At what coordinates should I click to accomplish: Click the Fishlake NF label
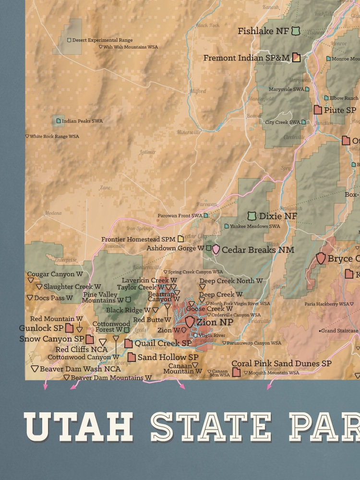263,31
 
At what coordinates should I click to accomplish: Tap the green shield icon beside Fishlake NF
297,31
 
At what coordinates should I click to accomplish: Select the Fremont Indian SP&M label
246,58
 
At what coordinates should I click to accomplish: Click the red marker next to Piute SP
318,110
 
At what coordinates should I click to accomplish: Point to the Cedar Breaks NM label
258,250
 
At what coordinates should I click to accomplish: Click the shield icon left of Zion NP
190,322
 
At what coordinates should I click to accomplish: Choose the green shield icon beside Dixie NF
252,216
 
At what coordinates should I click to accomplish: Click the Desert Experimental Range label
102,40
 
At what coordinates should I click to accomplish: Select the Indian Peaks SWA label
82,121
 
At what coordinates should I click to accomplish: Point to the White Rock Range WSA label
54,137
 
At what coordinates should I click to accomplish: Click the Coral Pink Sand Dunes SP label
281,364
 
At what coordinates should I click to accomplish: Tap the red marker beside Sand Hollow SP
132,357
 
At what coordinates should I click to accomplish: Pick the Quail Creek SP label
163,343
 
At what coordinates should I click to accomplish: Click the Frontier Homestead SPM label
138,239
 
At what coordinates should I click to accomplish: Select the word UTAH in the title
79,426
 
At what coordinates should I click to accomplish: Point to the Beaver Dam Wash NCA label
80,369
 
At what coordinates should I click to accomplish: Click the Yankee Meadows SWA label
255,226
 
